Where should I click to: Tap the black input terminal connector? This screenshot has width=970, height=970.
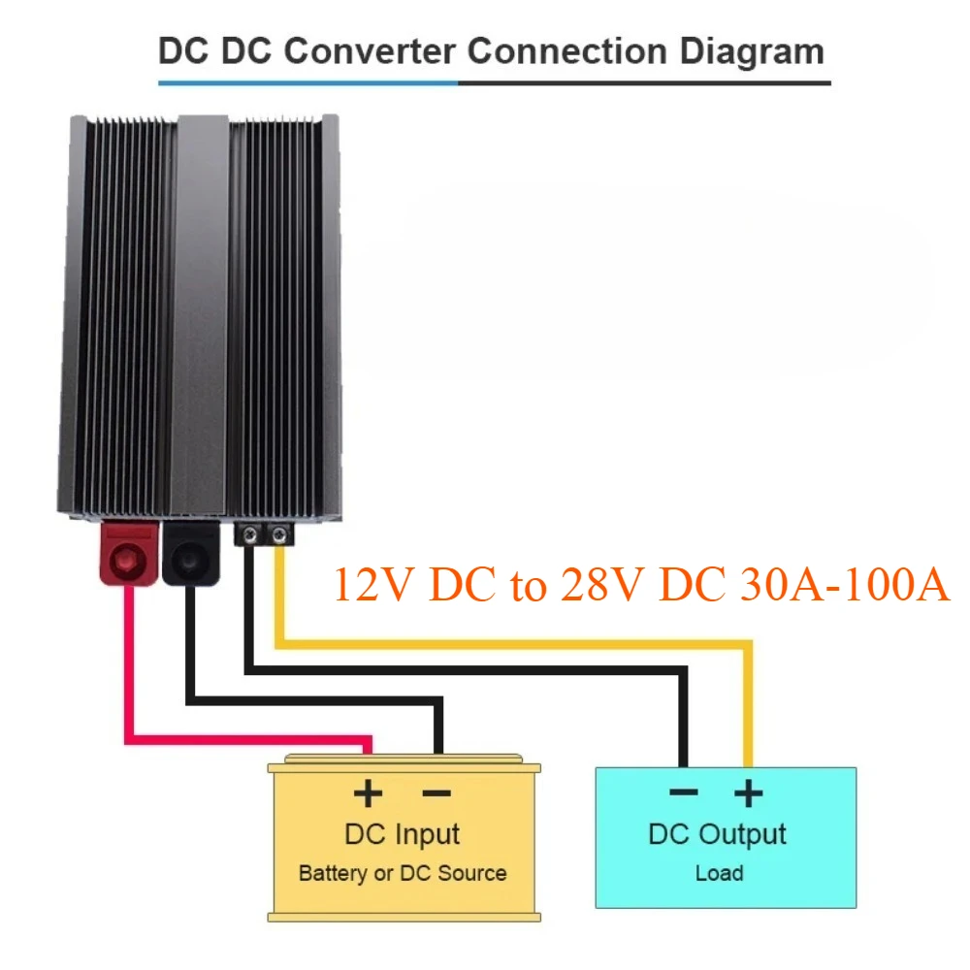point(192,556)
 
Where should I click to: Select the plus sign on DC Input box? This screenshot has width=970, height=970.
point(368,793)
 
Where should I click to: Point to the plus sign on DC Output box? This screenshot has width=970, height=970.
point(747,793)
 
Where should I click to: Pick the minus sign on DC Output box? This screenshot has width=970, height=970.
point(684,793)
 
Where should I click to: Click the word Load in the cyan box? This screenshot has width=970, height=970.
point(719,873)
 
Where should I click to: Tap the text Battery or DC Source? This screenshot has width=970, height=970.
point(403,872)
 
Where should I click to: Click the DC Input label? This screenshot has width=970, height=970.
point(403,833)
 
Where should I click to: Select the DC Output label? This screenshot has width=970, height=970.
point(718,833)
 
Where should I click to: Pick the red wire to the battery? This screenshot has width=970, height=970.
point(127,679)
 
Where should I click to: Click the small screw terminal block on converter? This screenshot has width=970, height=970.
point(264,533)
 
